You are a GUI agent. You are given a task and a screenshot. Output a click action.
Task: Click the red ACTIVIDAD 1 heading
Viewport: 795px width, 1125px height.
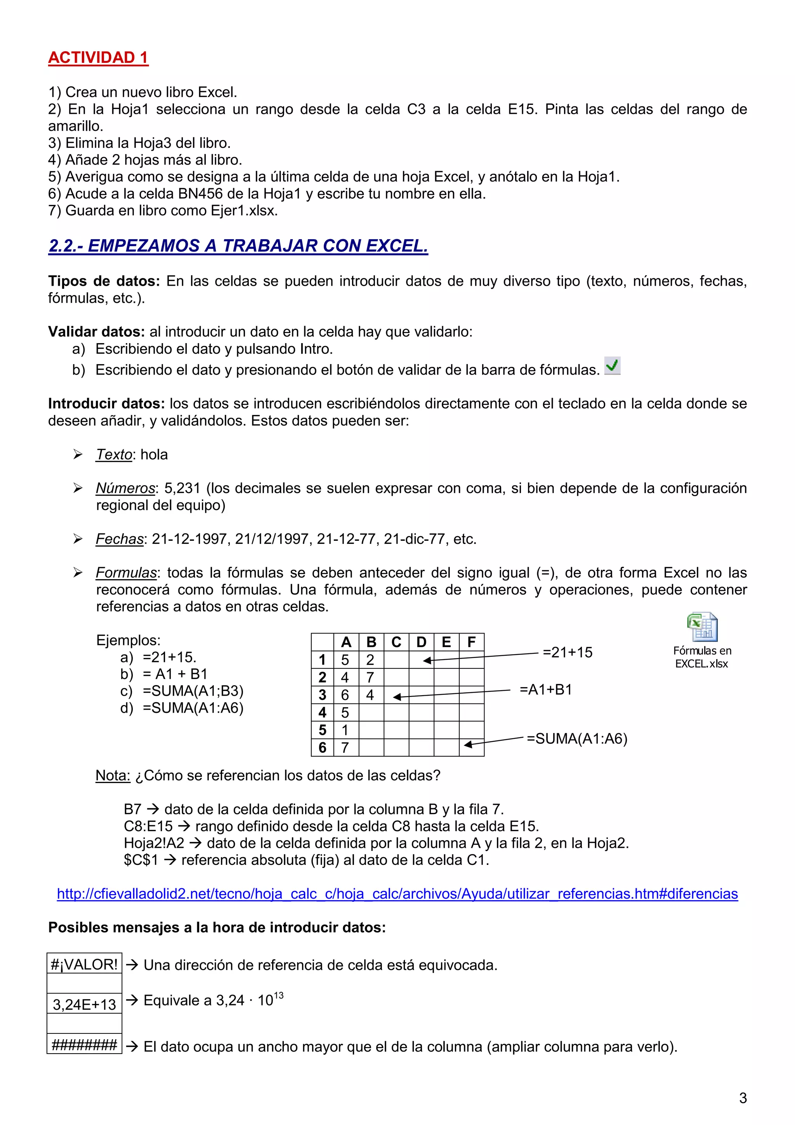click(x=98, y=58)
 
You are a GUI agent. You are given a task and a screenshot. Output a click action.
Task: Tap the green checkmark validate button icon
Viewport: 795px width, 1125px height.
click(x=612, y=366)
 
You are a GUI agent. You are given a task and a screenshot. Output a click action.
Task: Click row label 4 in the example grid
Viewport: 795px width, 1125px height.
click(x=322, y=712)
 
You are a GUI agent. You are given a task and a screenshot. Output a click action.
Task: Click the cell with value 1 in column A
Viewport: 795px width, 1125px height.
click(x=346, y=730)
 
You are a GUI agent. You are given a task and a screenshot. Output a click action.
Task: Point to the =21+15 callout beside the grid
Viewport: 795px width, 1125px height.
click(x=567, y=653)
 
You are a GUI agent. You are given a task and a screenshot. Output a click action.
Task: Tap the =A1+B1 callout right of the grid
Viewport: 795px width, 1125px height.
click(x=546, y=690)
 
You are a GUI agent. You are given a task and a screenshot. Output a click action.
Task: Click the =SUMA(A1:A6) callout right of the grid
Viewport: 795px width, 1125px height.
click(x=576, y=739)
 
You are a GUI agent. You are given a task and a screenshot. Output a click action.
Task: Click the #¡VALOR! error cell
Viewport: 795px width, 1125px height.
click(x=84, y=964)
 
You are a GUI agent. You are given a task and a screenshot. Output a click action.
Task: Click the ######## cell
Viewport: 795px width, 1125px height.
click(x=84, y=1045)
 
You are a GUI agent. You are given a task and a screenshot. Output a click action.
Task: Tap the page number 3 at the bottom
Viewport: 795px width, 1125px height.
click(x=743, y=1098)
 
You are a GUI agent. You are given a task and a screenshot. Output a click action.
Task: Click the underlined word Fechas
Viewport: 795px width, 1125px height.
click(x=120, y=539)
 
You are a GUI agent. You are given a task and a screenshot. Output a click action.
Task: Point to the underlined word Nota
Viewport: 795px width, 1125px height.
click(x=113, y=776)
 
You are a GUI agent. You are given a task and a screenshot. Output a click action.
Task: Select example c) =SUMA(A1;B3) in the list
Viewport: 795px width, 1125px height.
click(x=193, y=691)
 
